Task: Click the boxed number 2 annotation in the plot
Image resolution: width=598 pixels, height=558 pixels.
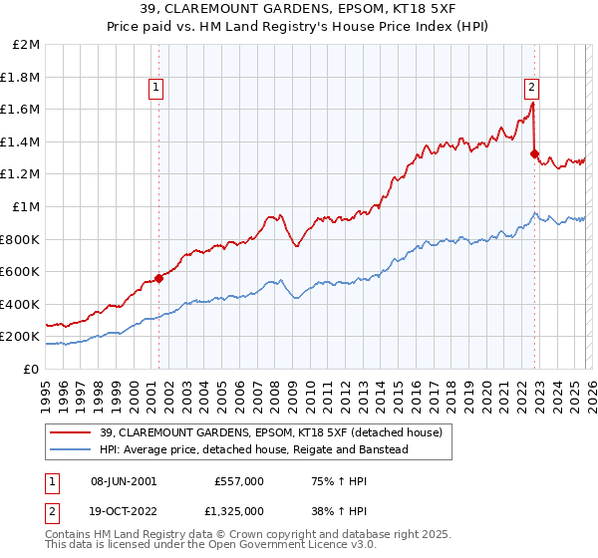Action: (x=532, y=87)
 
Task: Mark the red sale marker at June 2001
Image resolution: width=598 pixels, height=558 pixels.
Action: (x=158, y=279)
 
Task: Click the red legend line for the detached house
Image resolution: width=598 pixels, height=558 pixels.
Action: (x=66, y=432)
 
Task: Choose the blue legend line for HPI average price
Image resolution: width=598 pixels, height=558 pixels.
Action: (x=66, y=449)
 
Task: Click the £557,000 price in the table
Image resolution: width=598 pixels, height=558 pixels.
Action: (x=238, y=480)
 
